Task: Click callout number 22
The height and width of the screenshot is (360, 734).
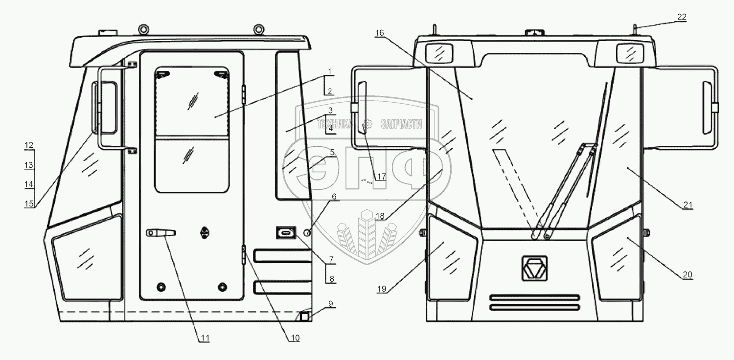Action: coord(682,17)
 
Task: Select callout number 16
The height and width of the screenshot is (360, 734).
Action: coord(380,33)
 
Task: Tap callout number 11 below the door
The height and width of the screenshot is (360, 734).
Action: coord(205,337)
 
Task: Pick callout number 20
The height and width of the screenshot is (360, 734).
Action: coord(688,274)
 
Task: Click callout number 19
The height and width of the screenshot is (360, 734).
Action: coord(382,289)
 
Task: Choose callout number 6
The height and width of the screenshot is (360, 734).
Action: coord(334,196)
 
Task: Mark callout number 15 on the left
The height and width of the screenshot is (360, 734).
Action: coord(29,204)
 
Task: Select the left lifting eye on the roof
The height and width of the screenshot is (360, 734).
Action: coord(144,30)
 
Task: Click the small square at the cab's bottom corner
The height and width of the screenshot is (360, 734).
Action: coord(304,317)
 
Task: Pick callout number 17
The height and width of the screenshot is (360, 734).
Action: coord(381,177)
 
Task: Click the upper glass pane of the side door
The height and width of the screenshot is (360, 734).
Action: coord(192,102)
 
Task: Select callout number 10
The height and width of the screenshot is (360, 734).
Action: coord(294,337)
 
